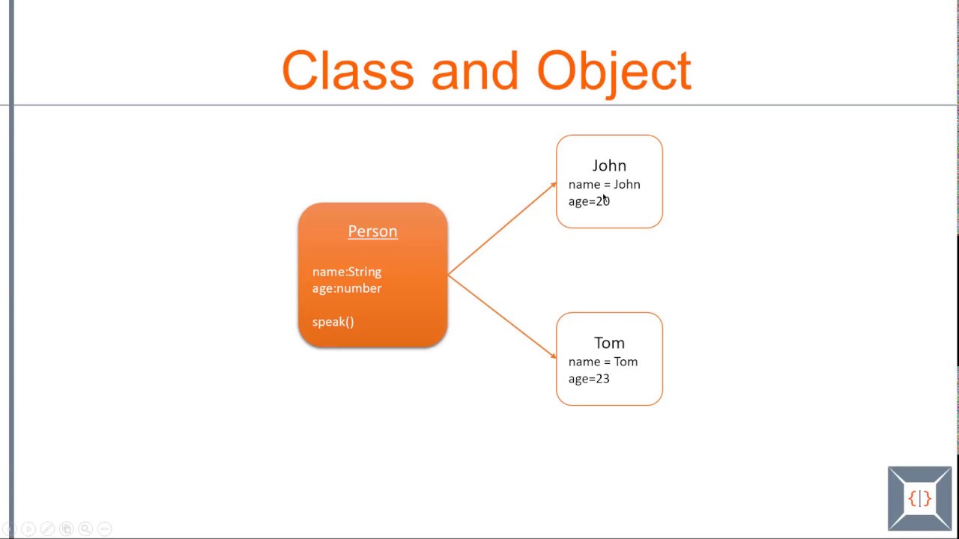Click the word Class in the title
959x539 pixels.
347,71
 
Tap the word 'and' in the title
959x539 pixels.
474,71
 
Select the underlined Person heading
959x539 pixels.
372,231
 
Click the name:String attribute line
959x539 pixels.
346,272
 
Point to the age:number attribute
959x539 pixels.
346,288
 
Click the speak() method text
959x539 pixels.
333,322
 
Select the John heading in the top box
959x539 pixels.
609,165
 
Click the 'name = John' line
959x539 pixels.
604,184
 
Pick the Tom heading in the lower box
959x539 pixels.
609,343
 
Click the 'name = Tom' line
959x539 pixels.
602,362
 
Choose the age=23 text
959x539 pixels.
588,379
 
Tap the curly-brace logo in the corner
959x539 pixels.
919,499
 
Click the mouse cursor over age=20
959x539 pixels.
606,199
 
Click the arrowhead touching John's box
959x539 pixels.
553,184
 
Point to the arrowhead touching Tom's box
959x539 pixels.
553,356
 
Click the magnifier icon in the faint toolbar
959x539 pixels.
85,529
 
